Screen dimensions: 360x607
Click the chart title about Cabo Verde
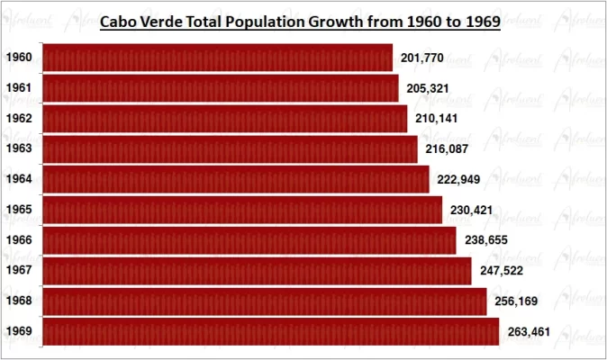[x=299, y=21]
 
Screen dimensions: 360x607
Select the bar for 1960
[x=217, y=58]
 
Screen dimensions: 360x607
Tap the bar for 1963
[x=230, y=148]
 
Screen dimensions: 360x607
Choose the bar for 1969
[x=270, y=331]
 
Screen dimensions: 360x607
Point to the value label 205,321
[x=426, y=88]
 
